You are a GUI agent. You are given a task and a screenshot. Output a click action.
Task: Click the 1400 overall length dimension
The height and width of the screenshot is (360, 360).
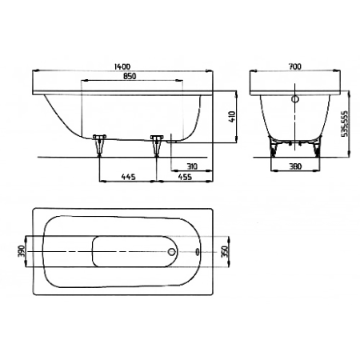[x=122, y=66]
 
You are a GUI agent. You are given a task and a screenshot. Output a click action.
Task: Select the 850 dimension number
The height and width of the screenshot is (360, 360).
[x=130, y=76]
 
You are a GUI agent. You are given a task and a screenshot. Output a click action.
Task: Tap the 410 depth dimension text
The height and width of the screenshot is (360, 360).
[x=232, y=117]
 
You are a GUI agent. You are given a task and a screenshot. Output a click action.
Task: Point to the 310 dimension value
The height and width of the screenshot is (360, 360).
[x=192, y=166]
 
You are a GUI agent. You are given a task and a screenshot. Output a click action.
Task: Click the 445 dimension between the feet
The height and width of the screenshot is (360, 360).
[x=129, y=177]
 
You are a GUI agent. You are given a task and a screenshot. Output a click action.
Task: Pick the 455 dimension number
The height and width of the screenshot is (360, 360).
[x=185, y=177]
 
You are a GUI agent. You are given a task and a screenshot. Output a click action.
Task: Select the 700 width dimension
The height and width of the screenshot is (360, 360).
[x=295, y=66]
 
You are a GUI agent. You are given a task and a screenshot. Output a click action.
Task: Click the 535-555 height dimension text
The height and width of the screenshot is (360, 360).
[x=345, y=123]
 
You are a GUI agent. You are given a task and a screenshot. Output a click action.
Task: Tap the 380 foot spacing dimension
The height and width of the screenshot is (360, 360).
[x=295, y=166]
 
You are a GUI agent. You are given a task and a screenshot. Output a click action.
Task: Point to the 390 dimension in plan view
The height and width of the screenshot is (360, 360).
[x=22, y=251]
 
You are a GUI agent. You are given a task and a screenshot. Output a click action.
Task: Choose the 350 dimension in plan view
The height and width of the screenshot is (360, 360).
[x=226, y=251]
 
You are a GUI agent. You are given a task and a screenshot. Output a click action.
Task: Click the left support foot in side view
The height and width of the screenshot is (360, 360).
[x=99, y=145]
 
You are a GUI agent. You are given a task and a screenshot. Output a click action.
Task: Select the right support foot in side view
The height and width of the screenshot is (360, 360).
[x=157, y=145]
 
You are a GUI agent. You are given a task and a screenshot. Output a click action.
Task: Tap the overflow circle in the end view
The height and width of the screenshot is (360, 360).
[x=295, y=99]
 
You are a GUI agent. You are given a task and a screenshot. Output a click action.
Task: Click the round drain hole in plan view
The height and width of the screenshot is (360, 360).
[x=172, y=251]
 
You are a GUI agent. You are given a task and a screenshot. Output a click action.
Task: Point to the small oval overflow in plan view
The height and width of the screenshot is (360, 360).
[x=198, y=251]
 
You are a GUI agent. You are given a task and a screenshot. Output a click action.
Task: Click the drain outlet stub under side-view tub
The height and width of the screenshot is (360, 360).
[x=171, y=141]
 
